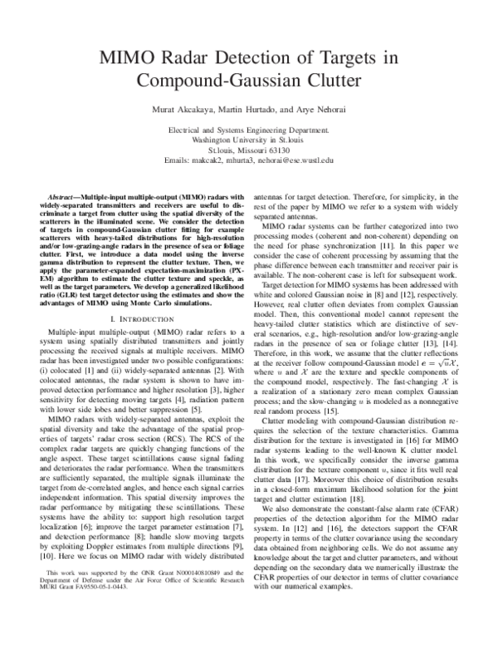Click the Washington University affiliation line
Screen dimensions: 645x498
pos(248,140)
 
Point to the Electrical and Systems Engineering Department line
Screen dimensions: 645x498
pos(248,131)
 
